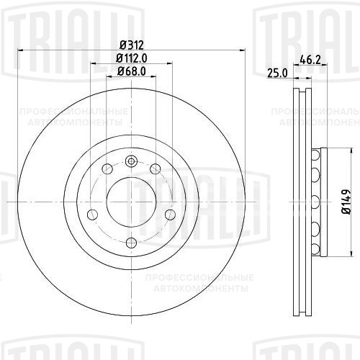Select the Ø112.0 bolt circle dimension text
[x=131, y=58]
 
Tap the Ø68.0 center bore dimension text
[x=131, y=71]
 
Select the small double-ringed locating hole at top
[x=131, y=160]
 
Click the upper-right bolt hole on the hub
[x=155, y=168]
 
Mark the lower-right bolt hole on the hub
[x=168, y=214]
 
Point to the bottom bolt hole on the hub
[x=131, y=241]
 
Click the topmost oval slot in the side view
[x=316, y=154]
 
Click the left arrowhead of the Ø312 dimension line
[x=19, y=50]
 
